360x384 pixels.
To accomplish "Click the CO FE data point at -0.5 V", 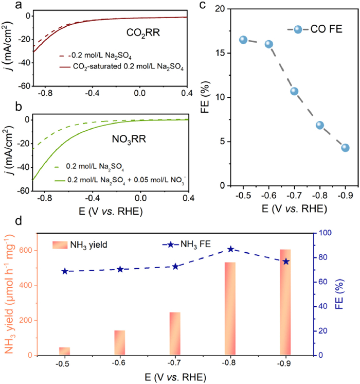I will (x=243, y=40).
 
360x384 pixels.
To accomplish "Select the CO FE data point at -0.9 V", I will (x=345, y=148).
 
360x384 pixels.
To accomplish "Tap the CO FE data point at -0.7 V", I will (x=294, y=91).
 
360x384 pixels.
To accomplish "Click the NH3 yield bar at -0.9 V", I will (x=285, y=302).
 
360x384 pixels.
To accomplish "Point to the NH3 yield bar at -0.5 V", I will (x=64, y=351).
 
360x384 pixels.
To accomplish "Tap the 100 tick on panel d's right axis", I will (x=327, y=233).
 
